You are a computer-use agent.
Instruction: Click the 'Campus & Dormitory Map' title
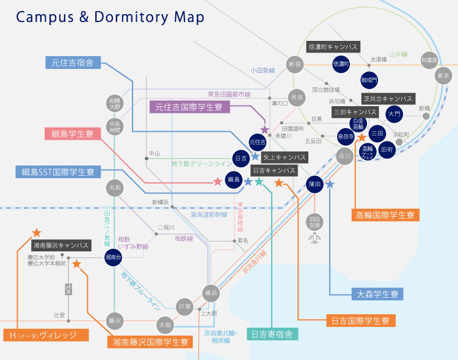[111, 17]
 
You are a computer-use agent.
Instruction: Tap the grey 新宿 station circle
[295, 64]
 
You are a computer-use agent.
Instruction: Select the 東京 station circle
[443, 76]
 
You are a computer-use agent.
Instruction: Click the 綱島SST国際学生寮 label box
[57, 172]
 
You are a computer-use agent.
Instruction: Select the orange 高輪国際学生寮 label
[385, 215]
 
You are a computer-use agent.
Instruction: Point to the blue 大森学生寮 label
[378, 294]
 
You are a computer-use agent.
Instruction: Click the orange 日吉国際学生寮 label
[360, 320]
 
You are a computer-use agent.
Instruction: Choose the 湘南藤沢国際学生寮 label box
[150, 342]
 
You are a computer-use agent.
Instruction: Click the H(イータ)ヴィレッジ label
[45, 335]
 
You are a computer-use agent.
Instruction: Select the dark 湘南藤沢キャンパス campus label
[60, 245]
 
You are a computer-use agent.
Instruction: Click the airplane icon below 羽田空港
[315, 238]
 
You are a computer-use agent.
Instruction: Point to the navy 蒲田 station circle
[314, 184]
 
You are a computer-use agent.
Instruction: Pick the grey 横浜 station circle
[211, 292]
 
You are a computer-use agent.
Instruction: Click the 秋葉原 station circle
[430, 60]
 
